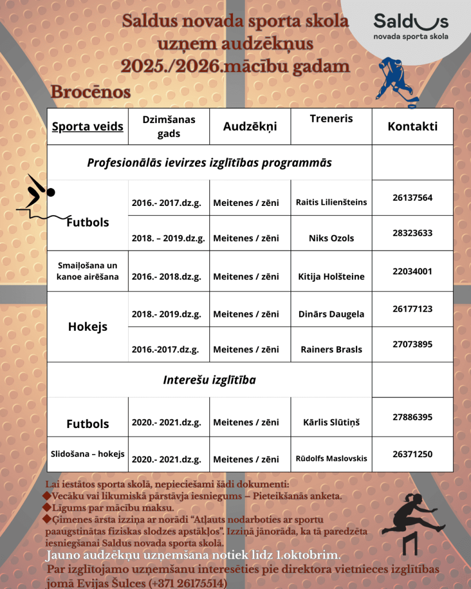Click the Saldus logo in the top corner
pos(411,27)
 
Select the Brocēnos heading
pos(90,92)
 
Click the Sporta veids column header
pos(87,127)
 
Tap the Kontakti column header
pos(412,127)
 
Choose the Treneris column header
pos(331,118)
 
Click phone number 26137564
pos(412,197)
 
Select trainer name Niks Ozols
pos(331,238)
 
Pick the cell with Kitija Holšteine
pos(331,277)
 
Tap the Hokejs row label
pos(87,327)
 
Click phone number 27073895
pos(412,345)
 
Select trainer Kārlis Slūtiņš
pos(331,423)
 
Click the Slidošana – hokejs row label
pos(87,454)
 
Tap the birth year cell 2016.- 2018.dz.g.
pos(167,277)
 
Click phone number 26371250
pos(412,454)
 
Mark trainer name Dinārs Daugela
pos(331,315)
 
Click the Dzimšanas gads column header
pos(169,127)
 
